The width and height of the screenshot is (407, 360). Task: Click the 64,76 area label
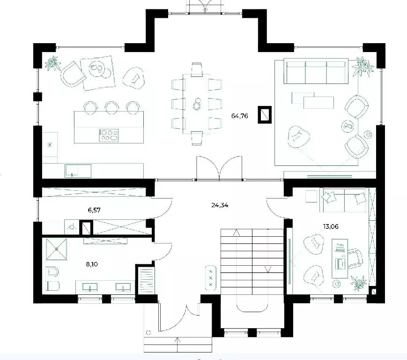point(240,116)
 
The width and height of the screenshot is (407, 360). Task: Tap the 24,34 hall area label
point(220,205)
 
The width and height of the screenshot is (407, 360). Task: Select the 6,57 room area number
point(94,210)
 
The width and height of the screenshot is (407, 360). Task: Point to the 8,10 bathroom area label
point(92,264)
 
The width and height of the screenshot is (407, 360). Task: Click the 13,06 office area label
point(331,226)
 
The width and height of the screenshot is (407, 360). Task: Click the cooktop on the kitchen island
point(109,135)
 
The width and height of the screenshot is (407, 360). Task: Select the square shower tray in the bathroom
point(56,249)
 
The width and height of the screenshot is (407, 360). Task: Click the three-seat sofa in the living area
point(316,71)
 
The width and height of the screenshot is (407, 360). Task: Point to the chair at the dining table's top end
point(197,70)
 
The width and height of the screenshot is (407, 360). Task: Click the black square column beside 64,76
point(265,114)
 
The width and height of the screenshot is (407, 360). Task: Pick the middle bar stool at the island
point(112,107)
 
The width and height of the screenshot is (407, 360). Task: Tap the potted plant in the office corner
point(358,283)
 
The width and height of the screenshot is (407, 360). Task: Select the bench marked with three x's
point(210,277)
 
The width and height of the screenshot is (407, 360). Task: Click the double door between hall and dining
point(219,168)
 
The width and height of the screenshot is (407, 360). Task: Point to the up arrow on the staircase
point(237,232)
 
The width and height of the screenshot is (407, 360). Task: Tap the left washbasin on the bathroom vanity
point(90,287)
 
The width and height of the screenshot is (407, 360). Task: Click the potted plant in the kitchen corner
point(53,63)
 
